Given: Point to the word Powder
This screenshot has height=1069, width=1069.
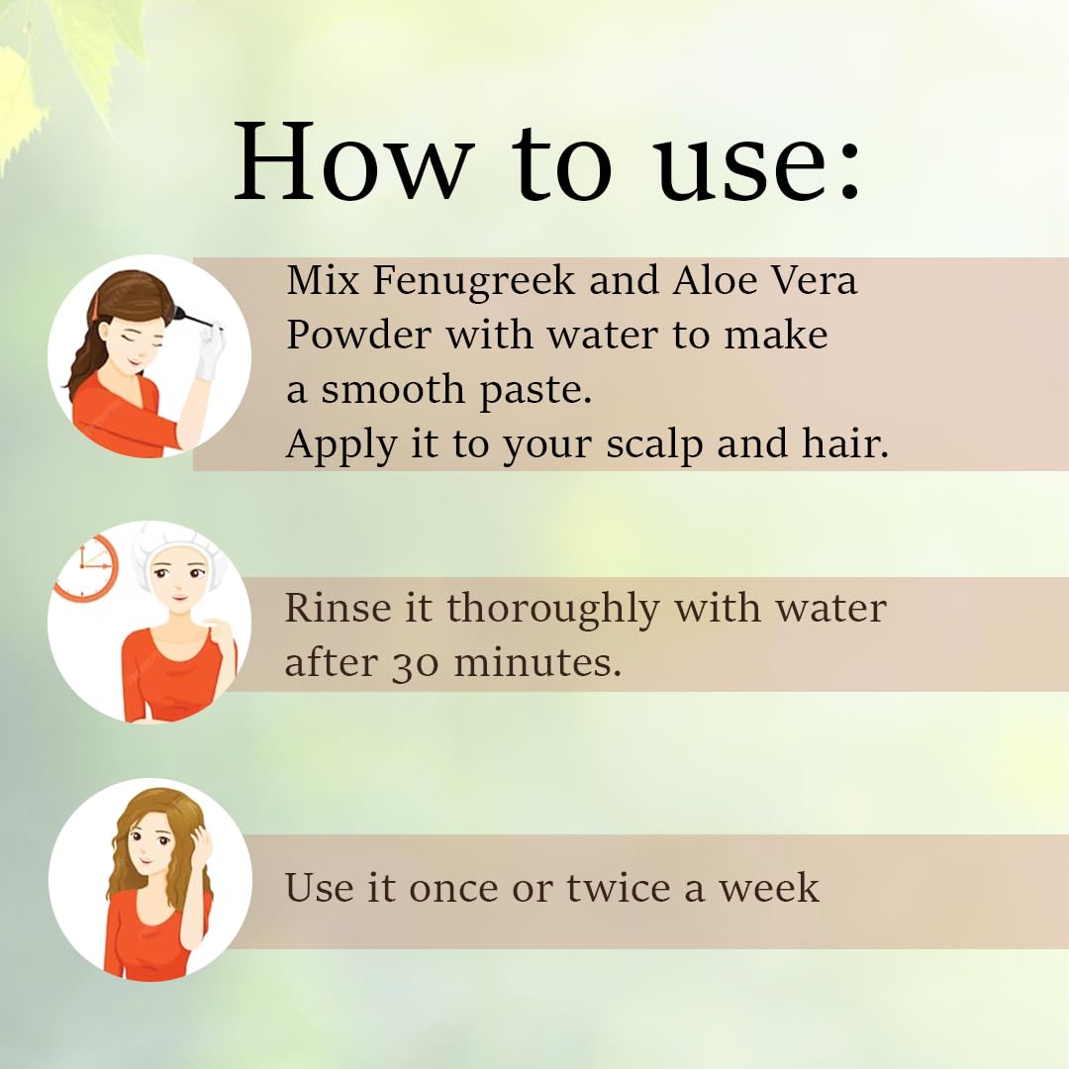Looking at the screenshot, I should (359, 336).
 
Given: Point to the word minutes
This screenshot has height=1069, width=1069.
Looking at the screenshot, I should (537, 662).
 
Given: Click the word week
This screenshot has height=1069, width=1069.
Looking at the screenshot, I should (769, 888).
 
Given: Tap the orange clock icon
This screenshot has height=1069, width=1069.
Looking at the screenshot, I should (86, 568).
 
